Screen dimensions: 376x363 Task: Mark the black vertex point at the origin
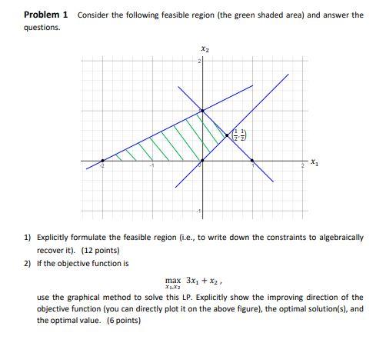coord(201,162)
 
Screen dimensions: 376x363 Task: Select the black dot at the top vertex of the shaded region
coord(201,112)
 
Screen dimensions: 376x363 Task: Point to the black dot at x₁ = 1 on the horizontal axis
coord(253,162)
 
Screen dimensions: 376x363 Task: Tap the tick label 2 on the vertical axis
coord(198,62)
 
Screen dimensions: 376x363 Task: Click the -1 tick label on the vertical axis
coord(196,211)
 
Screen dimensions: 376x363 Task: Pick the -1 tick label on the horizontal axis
coord(151,167)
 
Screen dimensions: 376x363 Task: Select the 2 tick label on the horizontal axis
coord(301,167)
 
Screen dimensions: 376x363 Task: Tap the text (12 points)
coord(98,250)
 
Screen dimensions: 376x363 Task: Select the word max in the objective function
coord(173,281)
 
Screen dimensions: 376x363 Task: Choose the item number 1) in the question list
coord(28,238)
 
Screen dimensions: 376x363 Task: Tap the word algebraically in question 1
coord(338,238)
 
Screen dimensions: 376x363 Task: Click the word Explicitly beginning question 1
coord(53,238)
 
